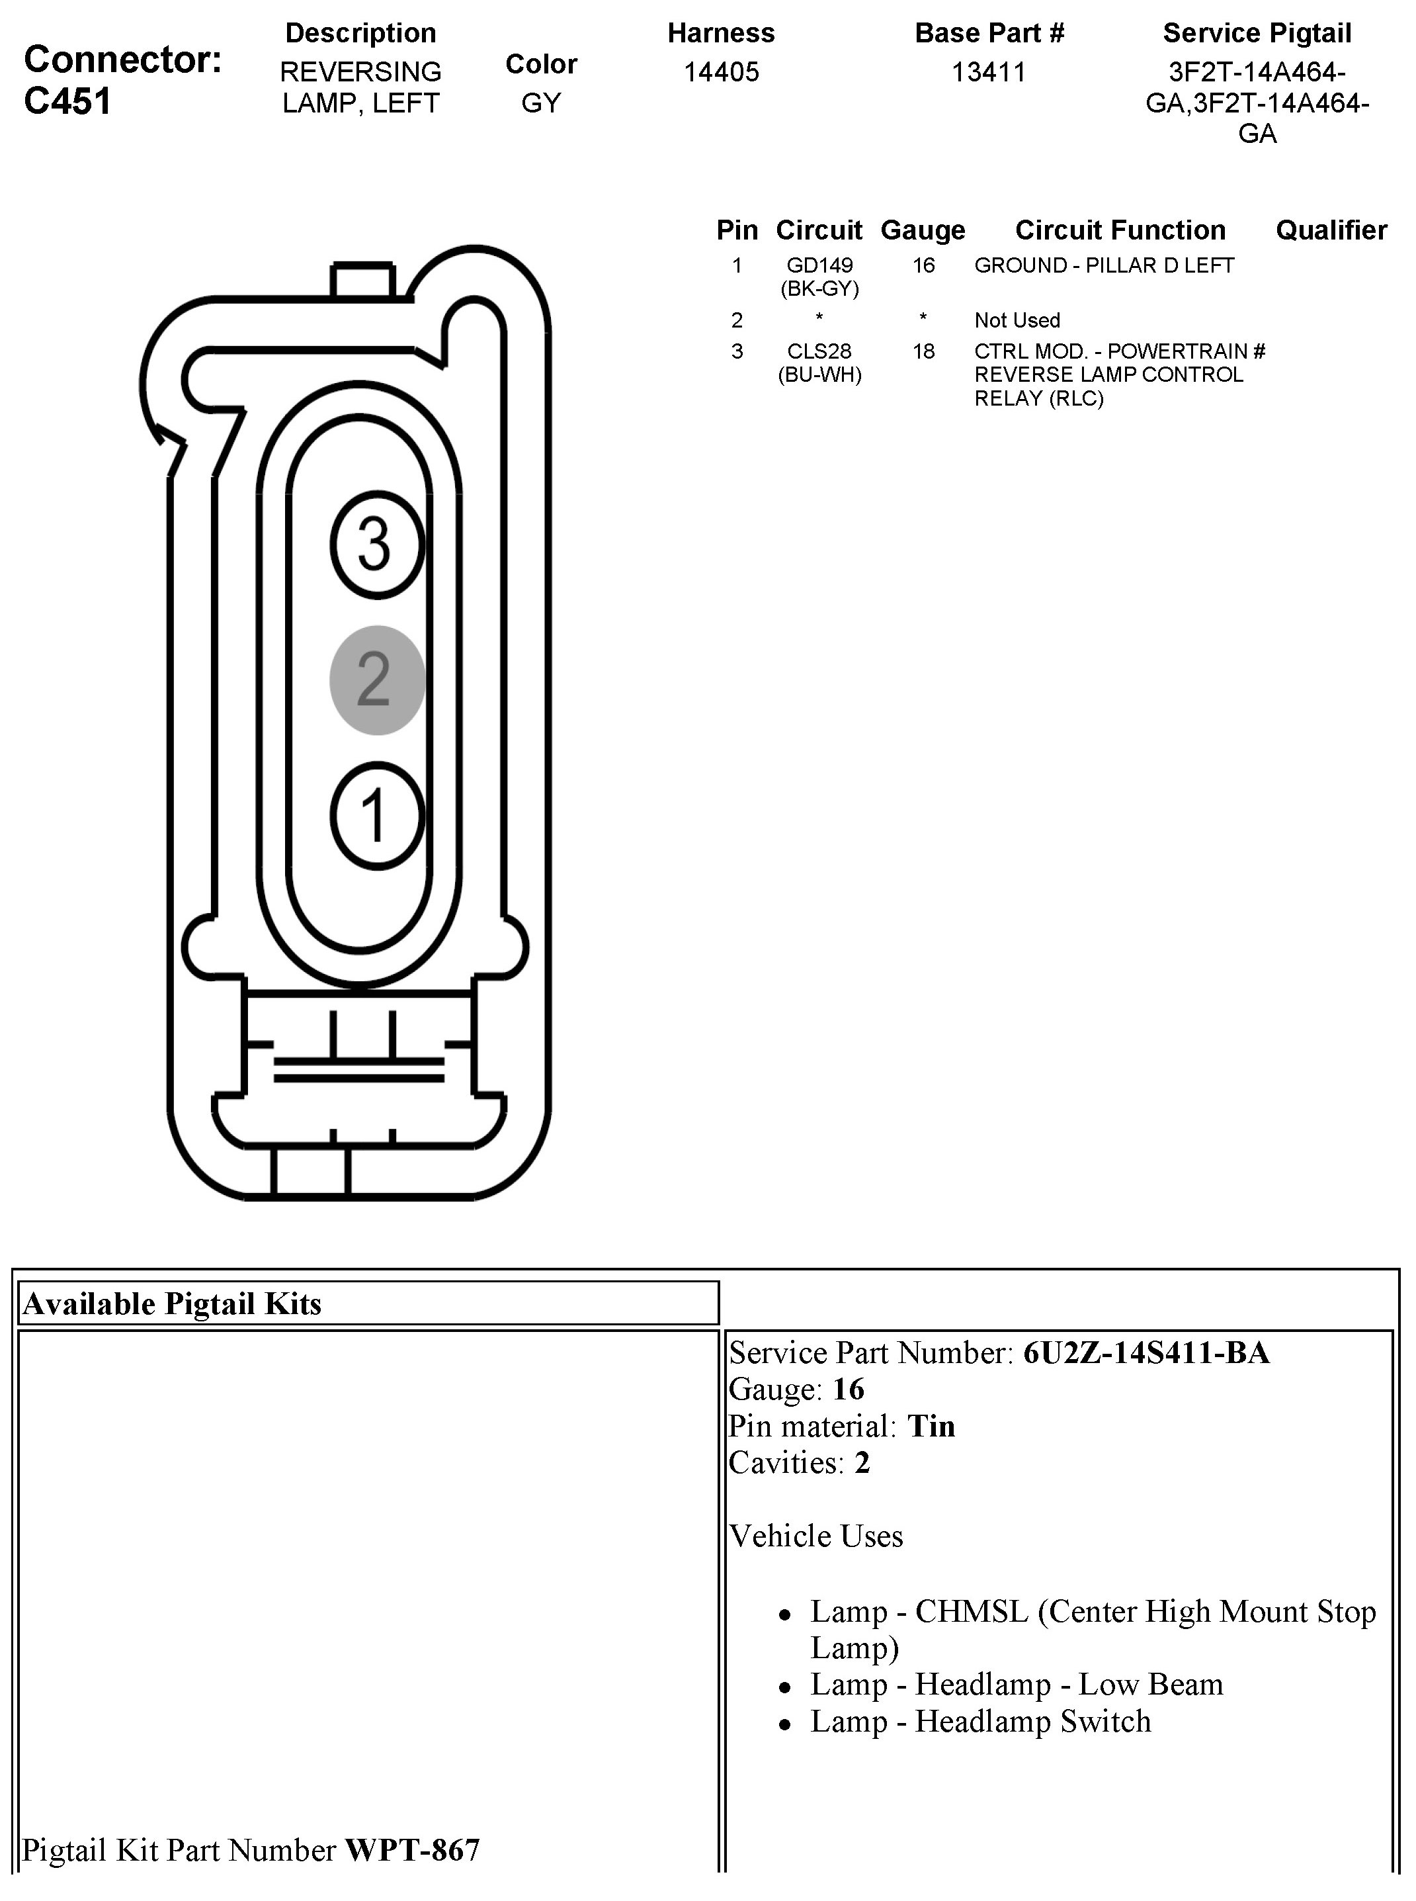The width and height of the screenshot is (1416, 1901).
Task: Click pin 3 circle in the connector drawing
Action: pyautogui.click(x=376, y=545)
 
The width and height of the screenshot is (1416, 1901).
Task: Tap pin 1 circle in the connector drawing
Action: pyautogui.click(x=376, y=815)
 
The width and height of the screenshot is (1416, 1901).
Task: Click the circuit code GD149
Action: pyautogui.click(x=819, y=266)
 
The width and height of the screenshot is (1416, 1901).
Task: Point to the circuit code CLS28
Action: pyautogui.click(x=819, y=351)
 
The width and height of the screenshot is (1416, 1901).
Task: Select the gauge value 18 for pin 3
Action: pyautogui.click(x=923, y=351)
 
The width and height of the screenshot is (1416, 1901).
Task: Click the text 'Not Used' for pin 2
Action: pyautogui.click(x=1017, y=321)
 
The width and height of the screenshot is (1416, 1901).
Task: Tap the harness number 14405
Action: pyautogui.click(x=721, y=72)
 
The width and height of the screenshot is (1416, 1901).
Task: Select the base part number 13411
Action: pyautogui.click(x=988, y=72)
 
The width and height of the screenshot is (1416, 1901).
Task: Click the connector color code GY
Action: pyautogui.click(x=541, y=103)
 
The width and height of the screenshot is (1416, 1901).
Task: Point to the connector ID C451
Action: pyautogui.click(x=67, y=101)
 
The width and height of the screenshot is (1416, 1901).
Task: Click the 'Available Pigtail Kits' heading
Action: pyautogui.click(x=172, y=1304)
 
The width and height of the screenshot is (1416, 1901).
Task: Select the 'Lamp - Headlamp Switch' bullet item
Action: pyautogui.click(x=981, y=1721)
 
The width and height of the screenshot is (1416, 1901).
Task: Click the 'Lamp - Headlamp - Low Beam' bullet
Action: pyautogui.click(x=1017, y=1684)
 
